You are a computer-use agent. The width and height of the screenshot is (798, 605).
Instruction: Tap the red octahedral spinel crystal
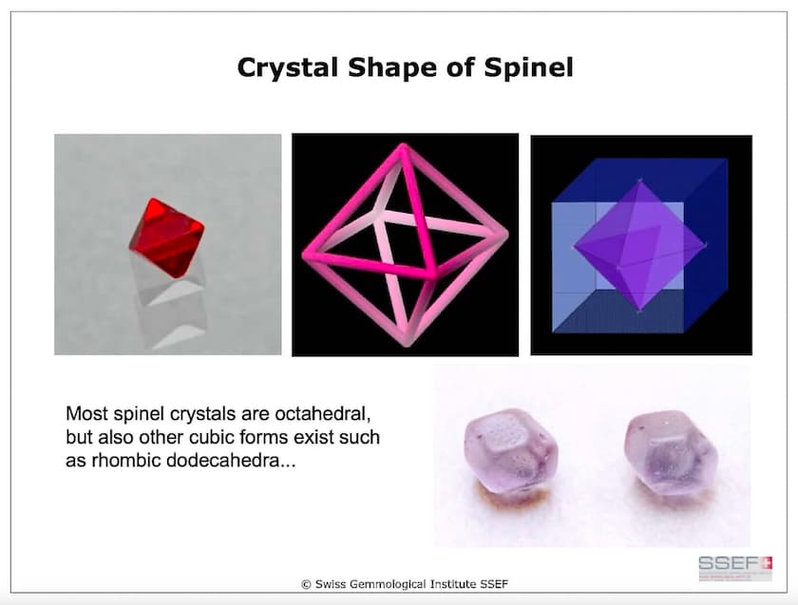point(167,236)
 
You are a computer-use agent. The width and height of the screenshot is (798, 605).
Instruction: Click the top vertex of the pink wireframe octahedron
point(404,149)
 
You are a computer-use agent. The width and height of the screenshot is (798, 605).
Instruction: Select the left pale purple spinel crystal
point(507,447)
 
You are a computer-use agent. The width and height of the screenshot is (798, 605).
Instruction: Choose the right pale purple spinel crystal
point(665,445)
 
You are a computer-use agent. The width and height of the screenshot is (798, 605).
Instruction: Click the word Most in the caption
point(84,415)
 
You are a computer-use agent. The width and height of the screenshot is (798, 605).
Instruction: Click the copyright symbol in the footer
point(306,580)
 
